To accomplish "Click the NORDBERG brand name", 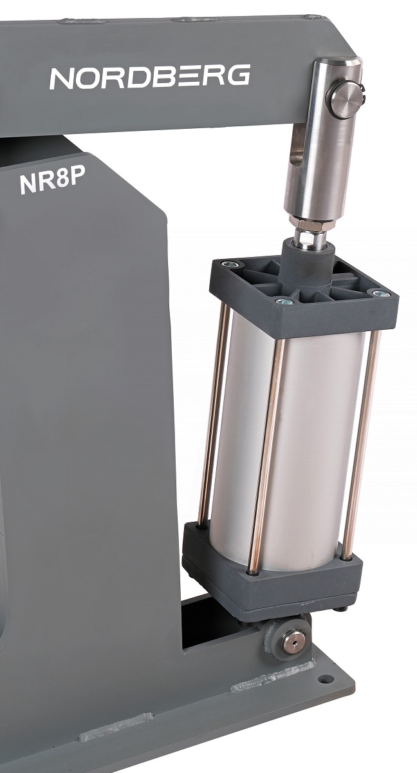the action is [x=150, y=76].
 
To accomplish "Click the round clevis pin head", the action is [x=346, y=100].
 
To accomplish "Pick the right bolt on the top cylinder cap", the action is [x=380, y=294].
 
